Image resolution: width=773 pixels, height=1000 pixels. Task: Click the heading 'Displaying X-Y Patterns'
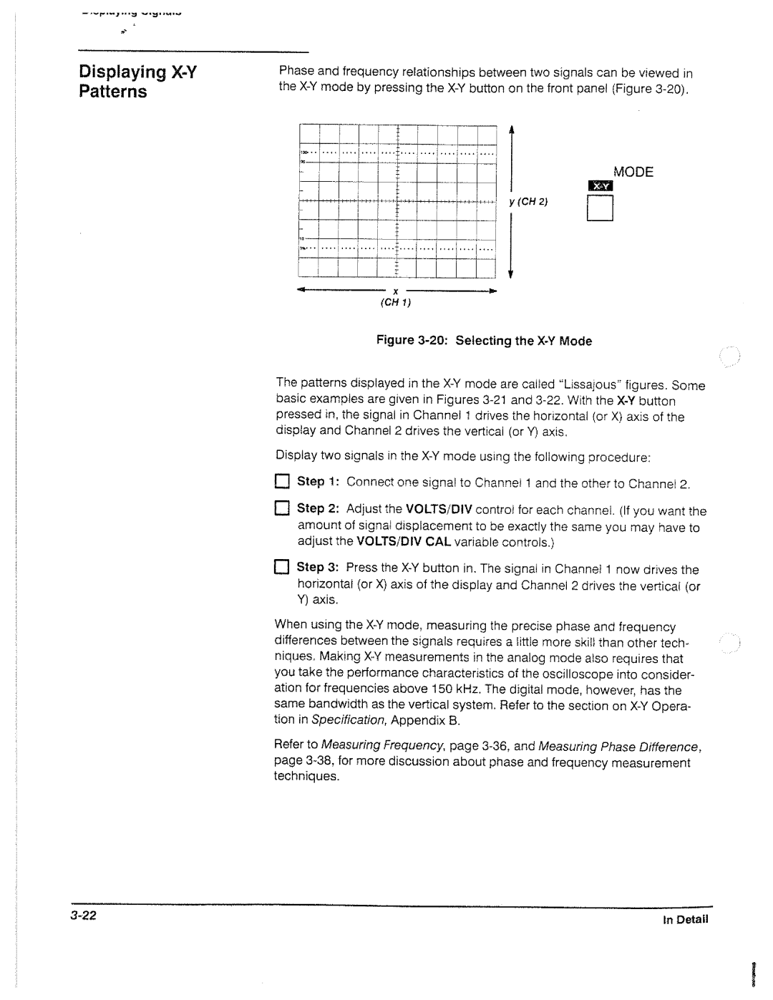[x=138, y=82]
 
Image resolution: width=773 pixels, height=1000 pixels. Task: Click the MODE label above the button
[x=633, y=172]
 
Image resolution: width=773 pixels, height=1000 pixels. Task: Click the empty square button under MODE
[x=601, y=209]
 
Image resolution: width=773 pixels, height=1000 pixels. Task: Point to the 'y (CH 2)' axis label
[x=528, y=202]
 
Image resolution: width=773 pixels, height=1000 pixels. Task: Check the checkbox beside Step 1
[x=281, y=482]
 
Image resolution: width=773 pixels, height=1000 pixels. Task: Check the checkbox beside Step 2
[x=281, y=509]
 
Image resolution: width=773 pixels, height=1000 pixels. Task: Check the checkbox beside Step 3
[x=281, y=568]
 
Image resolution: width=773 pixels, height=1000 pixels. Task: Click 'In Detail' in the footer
[x=685, y=920]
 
